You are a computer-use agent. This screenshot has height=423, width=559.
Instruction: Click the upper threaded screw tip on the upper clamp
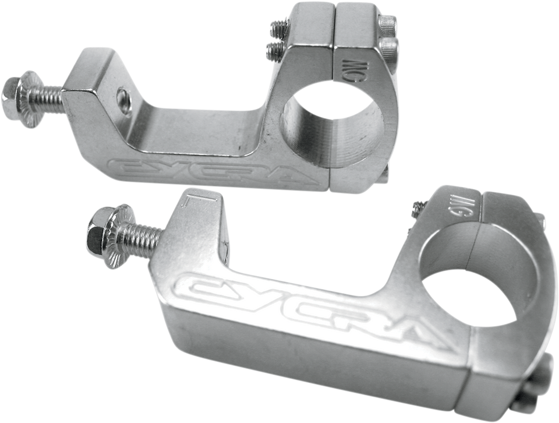(275, 27)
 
